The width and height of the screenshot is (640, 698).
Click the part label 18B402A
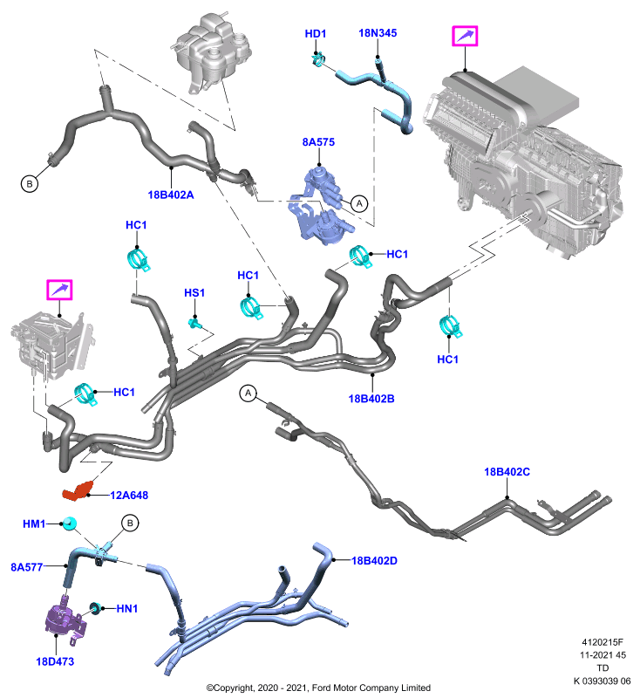click(171, 195)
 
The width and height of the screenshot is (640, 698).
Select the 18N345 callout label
click(378, 33)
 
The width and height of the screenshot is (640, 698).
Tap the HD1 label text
click(316, 33)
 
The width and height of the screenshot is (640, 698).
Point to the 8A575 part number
click(318, 142)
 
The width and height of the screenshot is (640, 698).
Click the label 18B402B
click(371, 399)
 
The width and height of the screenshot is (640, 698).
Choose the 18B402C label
click(507, 471)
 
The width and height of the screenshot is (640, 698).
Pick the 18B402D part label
click(374, 560)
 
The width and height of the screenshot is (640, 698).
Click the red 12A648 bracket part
click(78, 490)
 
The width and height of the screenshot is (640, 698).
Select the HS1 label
click(194, 293)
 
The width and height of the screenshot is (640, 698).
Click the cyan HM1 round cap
click(70, 523)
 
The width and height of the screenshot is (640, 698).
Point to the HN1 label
click(127, 608)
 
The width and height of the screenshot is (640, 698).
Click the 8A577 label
click(27, 567)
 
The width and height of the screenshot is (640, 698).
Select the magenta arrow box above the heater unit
click(465, 36)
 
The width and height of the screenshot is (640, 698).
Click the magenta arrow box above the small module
click(59, 290)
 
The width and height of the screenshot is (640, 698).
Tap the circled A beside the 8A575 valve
click(359, 204)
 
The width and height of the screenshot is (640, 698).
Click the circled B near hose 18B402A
click(30, 183)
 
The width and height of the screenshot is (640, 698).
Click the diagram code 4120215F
click(603, 642)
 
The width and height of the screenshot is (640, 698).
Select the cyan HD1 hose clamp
click(318, 59)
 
